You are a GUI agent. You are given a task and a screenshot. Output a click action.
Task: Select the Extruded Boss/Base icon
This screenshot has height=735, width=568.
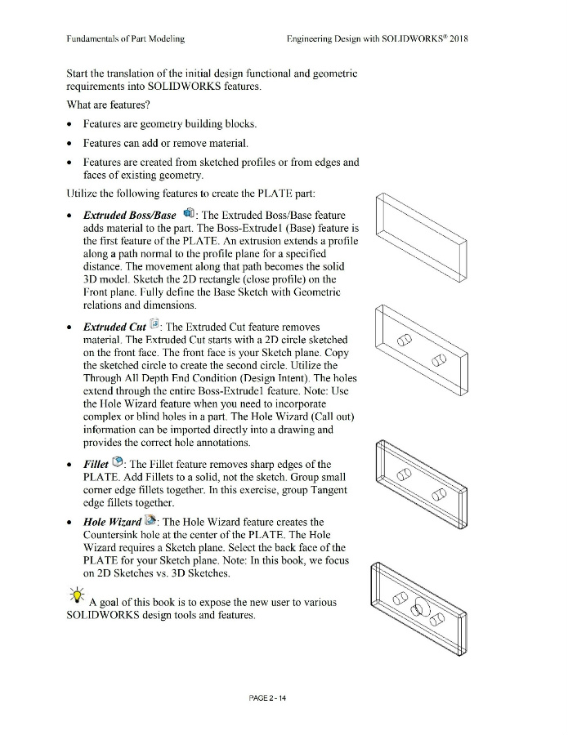(189, 214)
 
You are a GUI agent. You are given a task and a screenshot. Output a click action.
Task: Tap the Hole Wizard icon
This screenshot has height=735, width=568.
(151, 521)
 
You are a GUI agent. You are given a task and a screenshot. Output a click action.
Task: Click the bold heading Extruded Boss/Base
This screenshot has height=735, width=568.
(130, 215)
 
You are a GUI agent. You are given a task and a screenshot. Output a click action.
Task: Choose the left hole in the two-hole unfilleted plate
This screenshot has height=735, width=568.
(402, 341)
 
